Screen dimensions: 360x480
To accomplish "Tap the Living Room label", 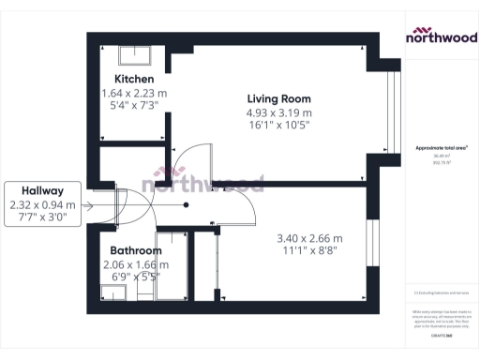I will click(278, 98).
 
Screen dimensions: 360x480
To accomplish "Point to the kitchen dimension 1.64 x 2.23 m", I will click(135, 94).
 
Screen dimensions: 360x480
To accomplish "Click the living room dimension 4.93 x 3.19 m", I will click(278, 114).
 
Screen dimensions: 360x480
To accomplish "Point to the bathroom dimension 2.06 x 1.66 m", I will click(136, 265).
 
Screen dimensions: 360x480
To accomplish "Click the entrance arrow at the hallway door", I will click(90, 205).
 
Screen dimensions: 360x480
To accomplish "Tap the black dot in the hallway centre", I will click(187, 205).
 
